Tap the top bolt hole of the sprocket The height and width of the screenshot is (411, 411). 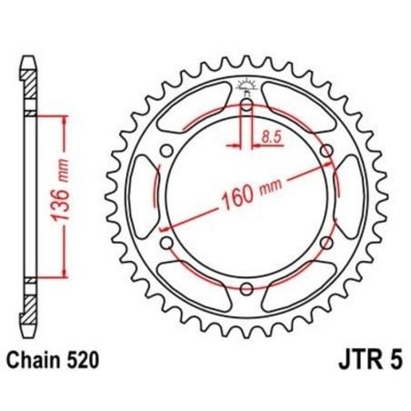246,105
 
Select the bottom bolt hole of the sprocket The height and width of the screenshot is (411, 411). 246,288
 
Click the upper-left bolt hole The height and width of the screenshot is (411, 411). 166,151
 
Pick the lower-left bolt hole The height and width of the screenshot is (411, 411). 166,243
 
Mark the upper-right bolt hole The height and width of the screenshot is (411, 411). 326,151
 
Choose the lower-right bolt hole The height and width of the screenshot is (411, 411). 326,243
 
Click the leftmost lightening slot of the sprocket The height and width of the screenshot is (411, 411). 145,196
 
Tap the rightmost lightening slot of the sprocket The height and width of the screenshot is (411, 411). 347,196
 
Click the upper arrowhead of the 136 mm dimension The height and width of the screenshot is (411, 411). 65,121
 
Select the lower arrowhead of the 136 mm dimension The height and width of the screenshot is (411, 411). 65,272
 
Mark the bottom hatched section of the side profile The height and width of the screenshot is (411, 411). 30,305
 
